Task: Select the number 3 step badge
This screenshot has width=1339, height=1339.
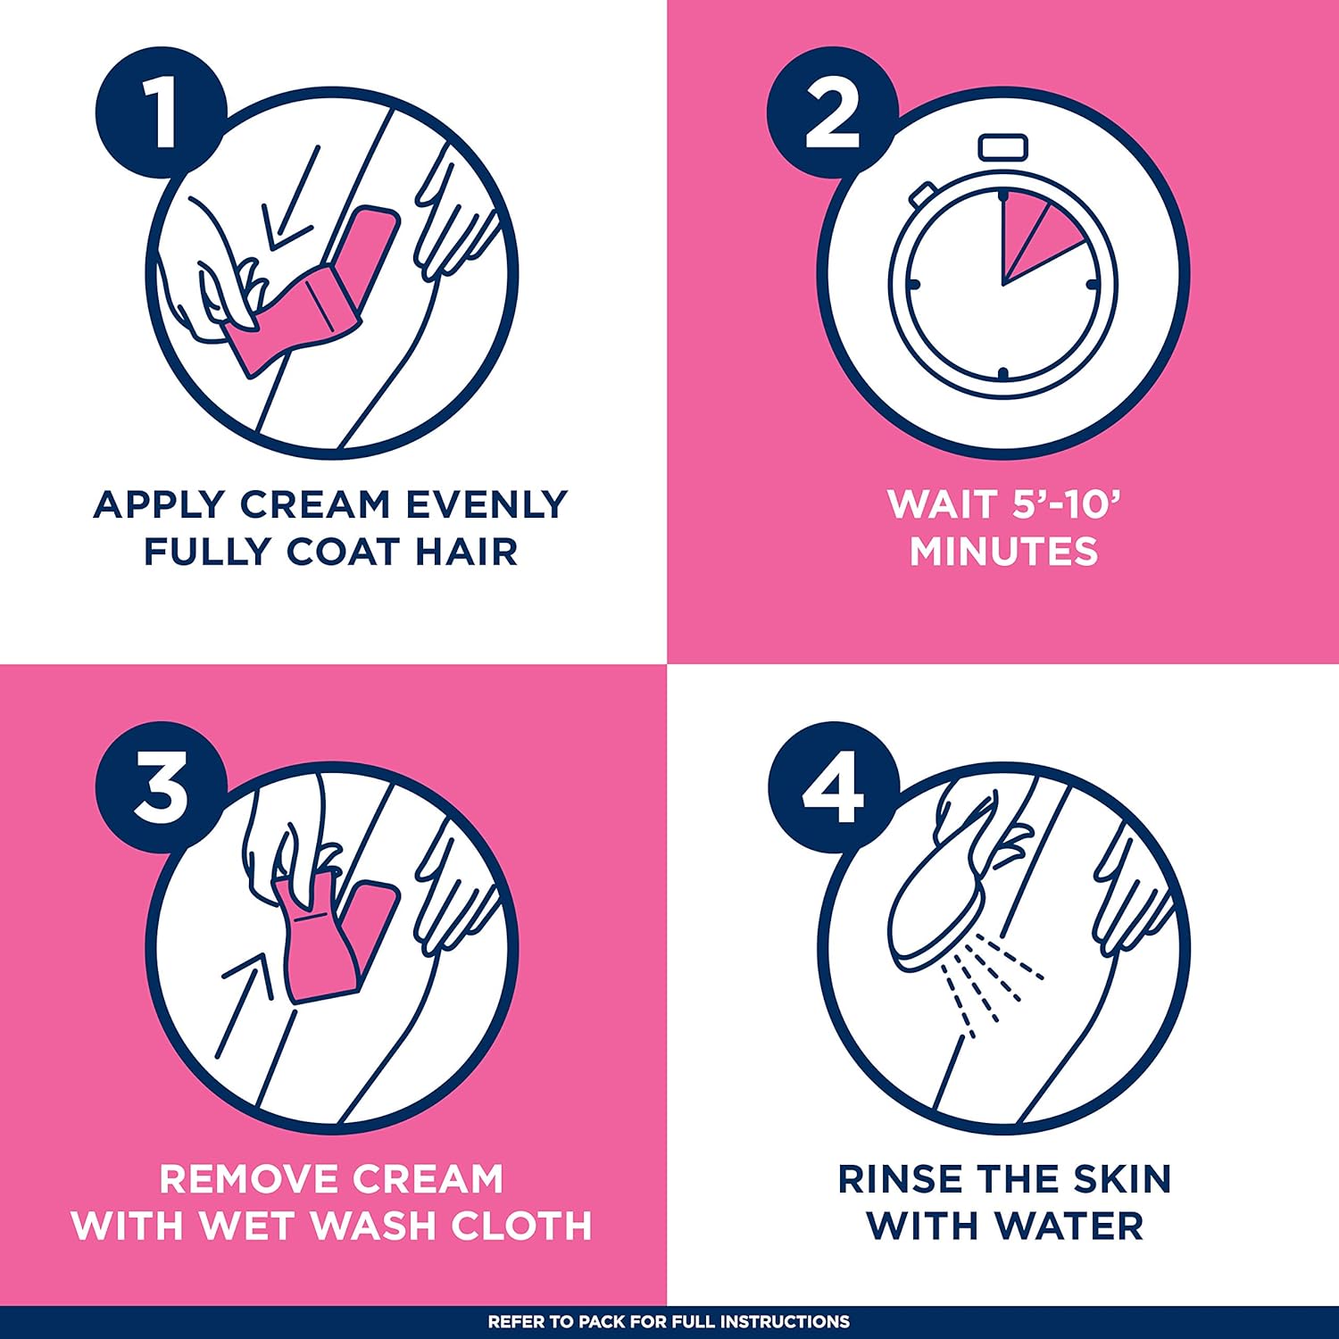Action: click(162, 788)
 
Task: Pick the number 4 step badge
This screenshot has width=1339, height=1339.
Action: click(833, 788)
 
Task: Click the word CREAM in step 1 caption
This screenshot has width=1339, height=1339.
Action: click(315, 505)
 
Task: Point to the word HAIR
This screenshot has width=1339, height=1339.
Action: click(467, 552)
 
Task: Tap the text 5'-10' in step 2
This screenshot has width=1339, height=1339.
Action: click(1067, 504)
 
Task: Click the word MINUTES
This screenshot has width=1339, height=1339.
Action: click(1004, 552)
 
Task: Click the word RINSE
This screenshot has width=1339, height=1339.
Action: click(900, 1179)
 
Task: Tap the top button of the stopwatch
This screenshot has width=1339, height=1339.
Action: click(1003, 147)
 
